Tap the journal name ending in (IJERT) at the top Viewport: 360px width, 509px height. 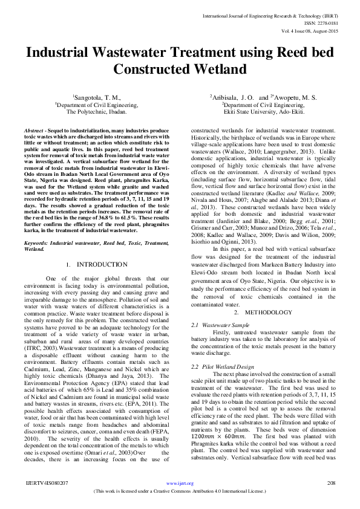click(288, 10)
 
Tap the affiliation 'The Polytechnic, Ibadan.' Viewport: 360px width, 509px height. click(97, 112)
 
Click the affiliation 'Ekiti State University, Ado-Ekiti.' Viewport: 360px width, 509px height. click(262, 112)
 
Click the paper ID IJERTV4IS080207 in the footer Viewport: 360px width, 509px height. click(47, 484)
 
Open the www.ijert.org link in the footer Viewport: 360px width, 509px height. click(179, 484)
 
